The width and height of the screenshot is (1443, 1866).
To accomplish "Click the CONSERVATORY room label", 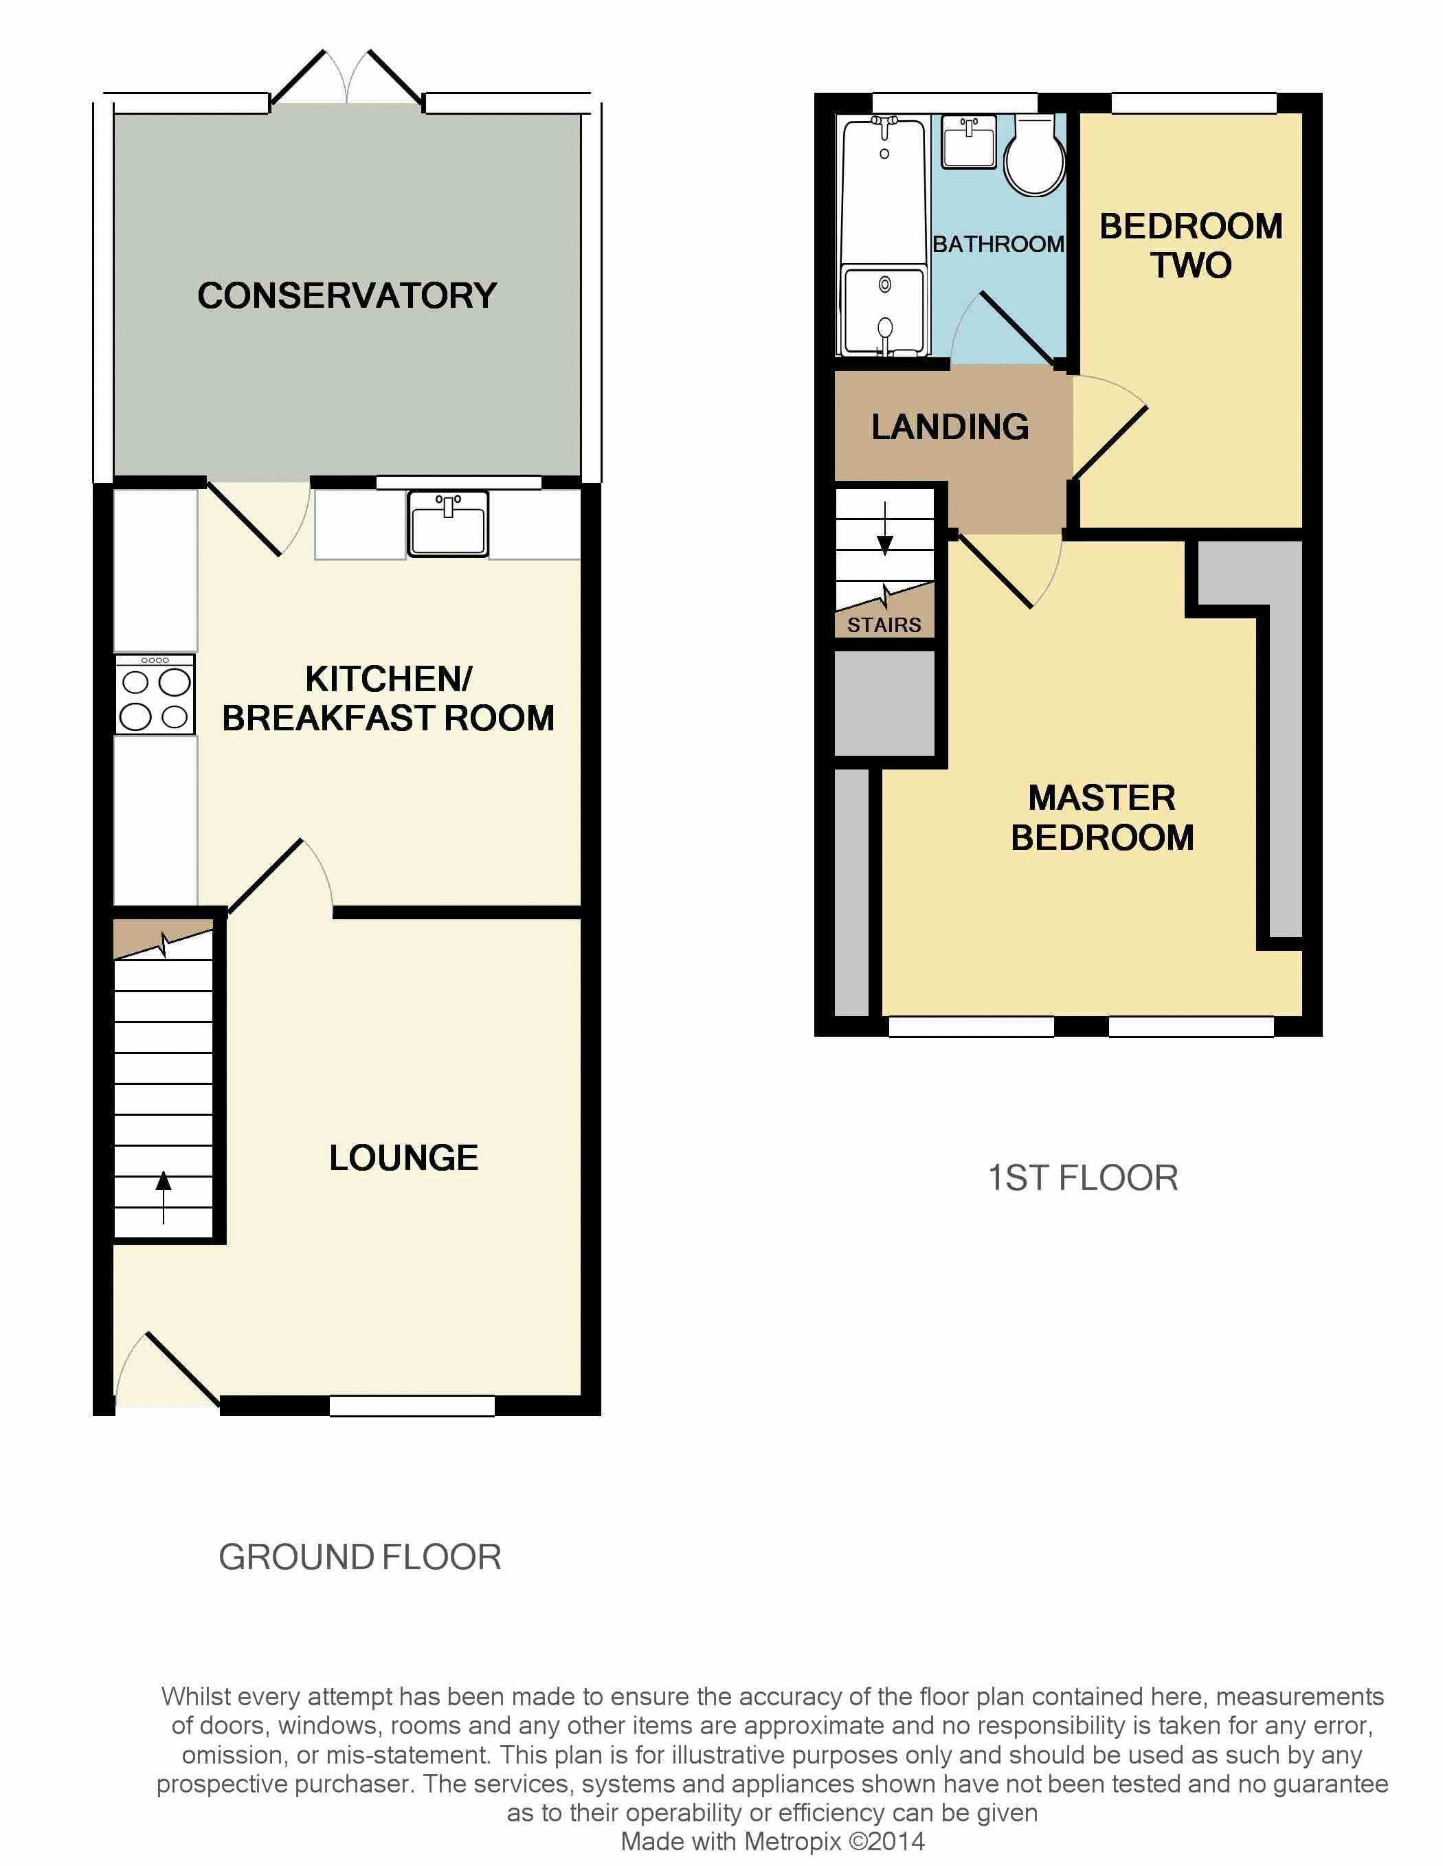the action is pos(347,295).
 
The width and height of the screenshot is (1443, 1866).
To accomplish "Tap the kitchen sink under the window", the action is pos(448,524).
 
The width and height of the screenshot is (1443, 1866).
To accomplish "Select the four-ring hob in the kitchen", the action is pos(155,694).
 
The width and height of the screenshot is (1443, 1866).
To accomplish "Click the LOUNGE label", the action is pos(403,1158).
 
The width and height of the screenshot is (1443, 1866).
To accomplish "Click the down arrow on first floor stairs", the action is pos(885,529).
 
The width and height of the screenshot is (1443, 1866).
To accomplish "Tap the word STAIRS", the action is pos(884,625).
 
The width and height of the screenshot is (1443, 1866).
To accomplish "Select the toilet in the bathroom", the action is pos(1035,155).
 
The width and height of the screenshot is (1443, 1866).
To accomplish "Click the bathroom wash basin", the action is pos(969,141).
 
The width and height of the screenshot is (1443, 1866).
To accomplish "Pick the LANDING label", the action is pos(950,427).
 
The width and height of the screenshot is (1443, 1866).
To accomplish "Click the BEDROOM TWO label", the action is pos(1191,245).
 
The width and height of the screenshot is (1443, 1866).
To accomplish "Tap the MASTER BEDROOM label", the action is pos(1102,818).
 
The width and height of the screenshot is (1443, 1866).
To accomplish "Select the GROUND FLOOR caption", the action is pos(359,1557).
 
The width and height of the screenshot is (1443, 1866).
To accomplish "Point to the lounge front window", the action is pos(412,1406).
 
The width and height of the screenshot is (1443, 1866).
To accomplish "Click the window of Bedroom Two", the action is pos(1194,103).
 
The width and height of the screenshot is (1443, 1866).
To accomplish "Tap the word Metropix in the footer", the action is pos(792,1841).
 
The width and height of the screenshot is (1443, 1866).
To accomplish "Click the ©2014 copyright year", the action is pos(887,1841).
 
